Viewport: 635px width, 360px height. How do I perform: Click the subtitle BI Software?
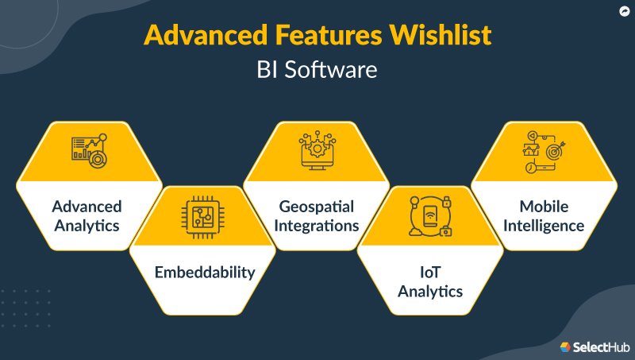(x=317, y=70)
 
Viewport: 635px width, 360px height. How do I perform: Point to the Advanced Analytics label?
(x=87, y=215)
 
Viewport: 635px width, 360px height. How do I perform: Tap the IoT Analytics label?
(x=430, y=282)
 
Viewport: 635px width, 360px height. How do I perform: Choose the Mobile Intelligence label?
(x=544, y=215)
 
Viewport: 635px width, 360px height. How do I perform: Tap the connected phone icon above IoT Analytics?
(x=430, y=215)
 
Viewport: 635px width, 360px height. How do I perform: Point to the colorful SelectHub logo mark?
(x=566, y=346)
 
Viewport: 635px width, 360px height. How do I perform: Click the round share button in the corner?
(x=623, y=11)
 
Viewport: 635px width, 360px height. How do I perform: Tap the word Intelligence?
(x=544, y=225)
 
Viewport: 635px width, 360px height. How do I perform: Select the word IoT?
(x=430, y=273)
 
